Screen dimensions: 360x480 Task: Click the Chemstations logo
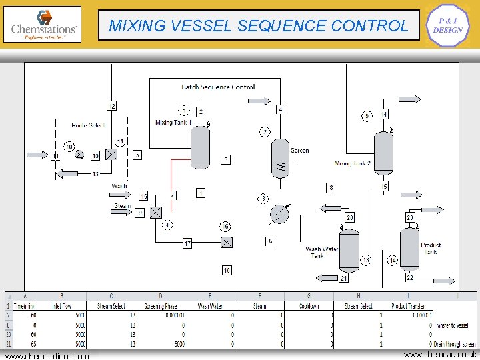(x=44, y=25)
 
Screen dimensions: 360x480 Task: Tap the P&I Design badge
(x=447, y=26)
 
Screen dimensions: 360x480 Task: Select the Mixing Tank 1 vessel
(x=200, y=146)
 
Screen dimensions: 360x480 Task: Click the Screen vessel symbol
(x=280, y=158)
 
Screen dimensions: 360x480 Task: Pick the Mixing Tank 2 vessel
(x=383, y=152)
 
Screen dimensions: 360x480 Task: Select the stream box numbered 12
(x=111, y=106)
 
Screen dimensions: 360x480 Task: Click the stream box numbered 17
(x=187, y=243)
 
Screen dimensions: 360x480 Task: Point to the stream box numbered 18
(x=227, y=270)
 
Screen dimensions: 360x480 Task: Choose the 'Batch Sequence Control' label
(x=218, y=87)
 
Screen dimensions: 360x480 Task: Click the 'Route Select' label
(x=88, y=125)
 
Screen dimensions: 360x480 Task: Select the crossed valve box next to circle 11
(x=111, y=155)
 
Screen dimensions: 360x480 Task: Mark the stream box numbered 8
(x=331, y=188)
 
